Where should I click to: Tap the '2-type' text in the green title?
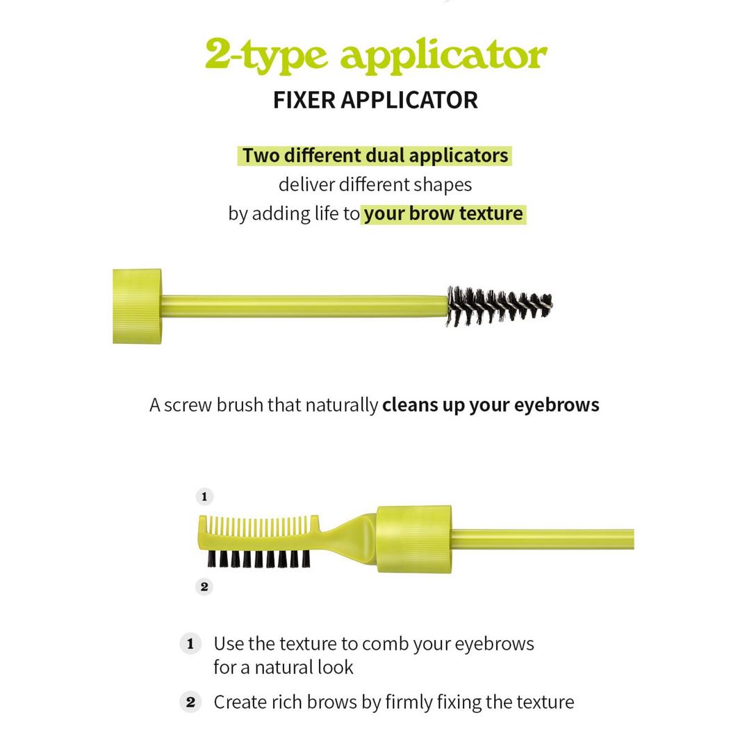[x=266, y=56]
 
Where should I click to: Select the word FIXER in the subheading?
[x=304, y=100]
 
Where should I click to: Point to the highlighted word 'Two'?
[x=261, y=156]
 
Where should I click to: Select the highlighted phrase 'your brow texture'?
[x=443, y=214]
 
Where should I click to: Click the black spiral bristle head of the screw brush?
[x=499, y=306]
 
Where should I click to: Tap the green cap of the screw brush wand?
[x=137, y=306]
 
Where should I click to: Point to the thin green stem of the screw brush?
[x=305, y=306]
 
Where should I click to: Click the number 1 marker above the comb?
[x=204, y=496]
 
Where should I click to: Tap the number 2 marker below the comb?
[x=204, y=586]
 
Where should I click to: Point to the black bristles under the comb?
[x=258, y=559]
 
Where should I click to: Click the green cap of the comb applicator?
[x=414, y=539]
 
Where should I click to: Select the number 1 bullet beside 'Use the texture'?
[x=190, y=644]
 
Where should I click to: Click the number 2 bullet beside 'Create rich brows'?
[x=190, y=703]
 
